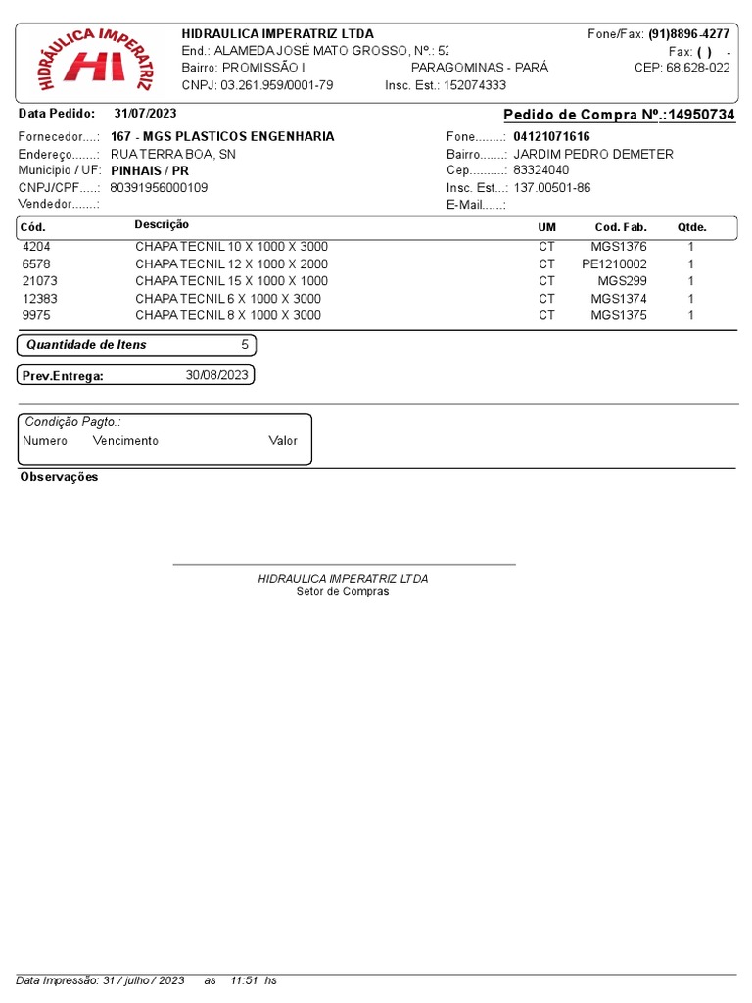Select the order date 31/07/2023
coord(145,114)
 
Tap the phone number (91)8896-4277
coord(688,33)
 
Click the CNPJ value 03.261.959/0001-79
coord(277,85)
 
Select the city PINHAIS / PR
coord(149,170)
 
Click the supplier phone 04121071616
coord(551,136)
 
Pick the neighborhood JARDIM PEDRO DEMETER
coord(593,154)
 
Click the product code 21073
coord(38,281)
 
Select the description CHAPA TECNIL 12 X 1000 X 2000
coord(231,263)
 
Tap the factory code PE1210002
coord(614,263)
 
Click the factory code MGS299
coord(622,281)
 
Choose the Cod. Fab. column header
coord(621,227)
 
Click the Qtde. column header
coord(691,227)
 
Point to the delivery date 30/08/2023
coord(217,375)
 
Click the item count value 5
coord(244,345)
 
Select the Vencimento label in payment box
coord(125,441)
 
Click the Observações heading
coord(59,477)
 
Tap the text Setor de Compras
coord(343,592)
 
